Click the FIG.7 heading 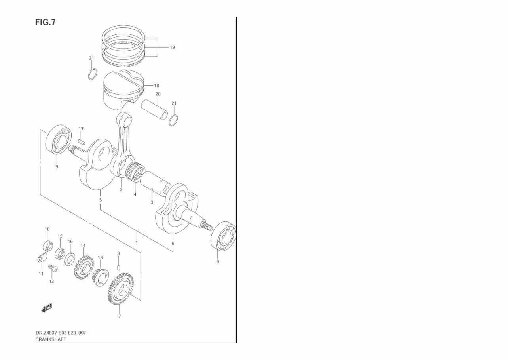pyautogui.click(x=45, y=22)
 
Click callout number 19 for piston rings pyautogui.click(x=172, y=47)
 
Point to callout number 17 pyautogui.click(x=81, y=129)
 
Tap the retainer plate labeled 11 pyautogui.click(x=41, y=259)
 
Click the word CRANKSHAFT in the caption pyautogui.click(x=51, y=339)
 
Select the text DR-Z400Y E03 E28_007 pyautogui.click(x=61, y=333)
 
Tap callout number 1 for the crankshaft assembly pyautogui.click(x=137, y=242)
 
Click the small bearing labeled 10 pyautogui.click(x=48, y=246)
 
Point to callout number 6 pyautogui.click(x=173, y=244)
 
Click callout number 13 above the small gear pyautogui.click(x=100, y=257)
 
